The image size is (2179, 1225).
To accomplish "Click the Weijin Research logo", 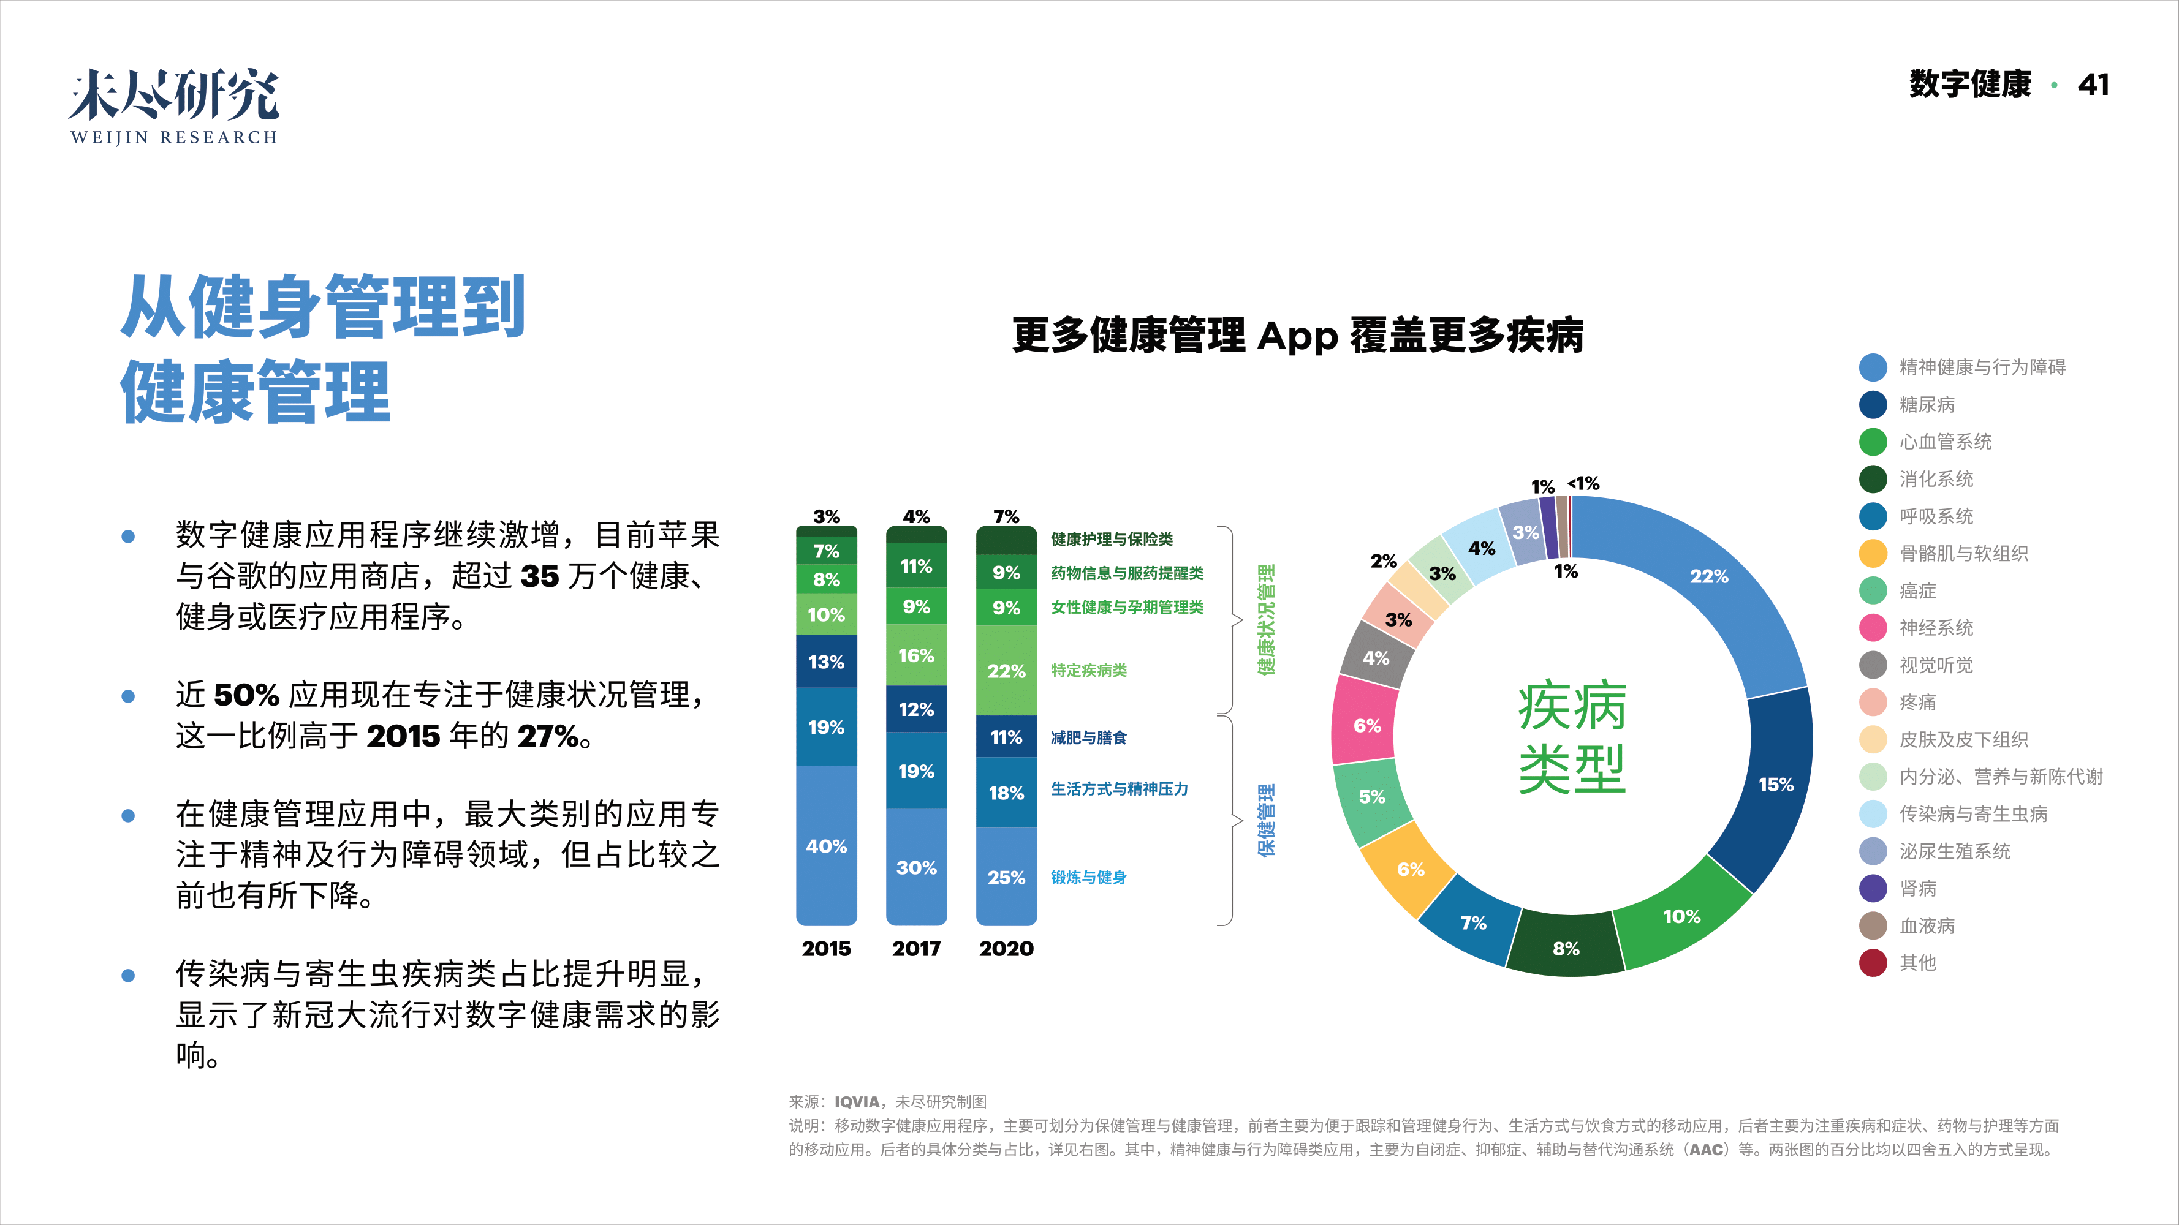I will [x=173, y=107].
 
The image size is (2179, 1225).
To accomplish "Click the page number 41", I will [x=2093, y=85].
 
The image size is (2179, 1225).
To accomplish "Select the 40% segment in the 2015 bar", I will [x=827, y=845].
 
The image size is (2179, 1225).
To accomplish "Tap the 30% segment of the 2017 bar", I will [x=916, y=867].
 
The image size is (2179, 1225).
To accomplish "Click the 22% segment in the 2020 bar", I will [x=1006, y=671].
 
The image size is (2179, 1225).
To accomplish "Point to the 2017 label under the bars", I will [x=916, y=949].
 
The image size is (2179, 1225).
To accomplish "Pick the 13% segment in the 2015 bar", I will [x=827, y=661].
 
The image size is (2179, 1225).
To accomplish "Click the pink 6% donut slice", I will [x=1366, y=725].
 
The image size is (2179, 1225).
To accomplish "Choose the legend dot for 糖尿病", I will [x=1873, y=405].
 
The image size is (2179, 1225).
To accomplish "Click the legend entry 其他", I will [x=1917, y=963].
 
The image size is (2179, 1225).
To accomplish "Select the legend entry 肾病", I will [x=1917, y=889].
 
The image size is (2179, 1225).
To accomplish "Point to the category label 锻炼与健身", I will [x=1089, y=878].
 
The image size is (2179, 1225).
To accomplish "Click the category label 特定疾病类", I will [x=1089, y=671].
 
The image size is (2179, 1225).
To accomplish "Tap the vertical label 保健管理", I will [x=1267, y=820].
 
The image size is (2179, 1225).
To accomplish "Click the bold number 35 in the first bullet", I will [x=540, y=576].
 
